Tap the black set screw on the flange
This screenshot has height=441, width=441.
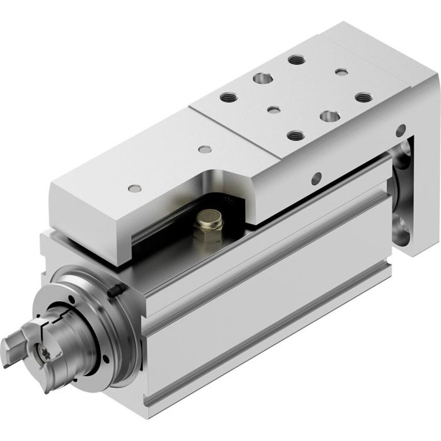click(115, 291)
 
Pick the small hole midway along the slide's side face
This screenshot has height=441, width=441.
click(316, 178)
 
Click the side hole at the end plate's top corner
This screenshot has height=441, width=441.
click(400, 131)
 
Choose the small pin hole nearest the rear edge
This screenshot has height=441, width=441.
click(341, 72)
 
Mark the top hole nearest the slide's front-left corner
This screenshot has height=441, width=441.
click(133, 188)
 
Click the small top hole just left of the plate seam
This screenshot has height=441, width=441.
click(203, 149)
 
